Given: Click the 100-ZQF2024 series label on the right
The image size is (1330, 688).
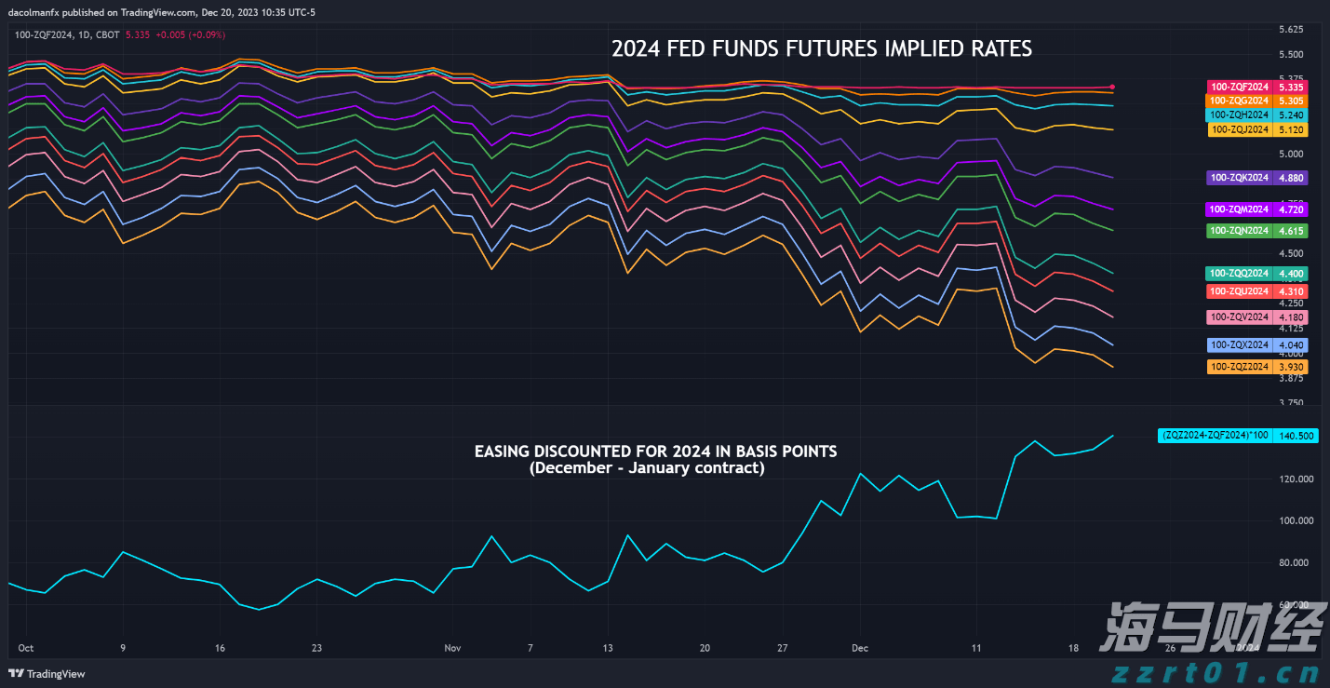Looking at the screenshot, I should pyautogui.click(x=1239, y=87).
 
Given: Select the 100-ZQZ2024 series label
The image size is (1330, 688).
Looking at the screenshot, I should pyautogui.click(x=1239, y=367).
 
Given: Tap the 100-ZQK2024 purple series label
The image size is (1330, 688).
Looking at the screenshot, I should pyautogui.click(x=1239, y=177).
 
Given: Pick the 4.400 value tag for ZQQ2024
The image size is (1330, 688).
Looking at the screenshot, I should pyautogui.click(x=1291, y=274).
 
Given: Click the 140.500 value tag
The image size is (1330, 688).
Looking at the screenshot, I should pyautogui.click(x=1296, y=435).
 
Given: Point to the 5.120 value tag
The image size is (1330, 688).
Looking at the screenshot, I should pyautogui.click(x=1291, y=130).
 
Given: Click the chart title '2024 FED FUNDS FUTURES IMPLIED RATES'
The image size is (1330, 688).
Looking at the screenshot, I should pyautogui.click(x=821, y=48).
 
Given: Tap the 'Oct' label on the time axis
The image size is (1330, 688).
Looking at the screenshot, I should pyautogui.click(x=26, y=648).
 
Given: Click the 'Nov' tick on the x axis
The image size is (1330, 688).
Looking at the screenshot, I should pyautogui.click(x=453, y=648).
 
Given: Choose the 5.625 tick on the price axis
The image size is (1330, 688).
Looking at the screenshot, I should pyautogui.click(x=1291, y=29).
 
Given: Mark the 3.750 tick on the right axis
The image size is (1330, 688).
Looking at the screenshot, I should pyautogui.click(x=1291, y=403).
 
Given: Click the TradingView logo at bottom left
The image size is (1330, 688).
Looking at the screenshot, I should pyautogui.click(x=47, y=674).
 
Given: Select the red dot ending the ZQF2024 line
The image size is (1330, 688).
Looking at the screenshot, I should pyautogui.click(x=1113, y=87).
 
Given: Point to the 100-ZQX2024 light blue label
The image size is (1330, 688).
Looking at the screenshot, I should pyautogui.click(x=1239, y=345).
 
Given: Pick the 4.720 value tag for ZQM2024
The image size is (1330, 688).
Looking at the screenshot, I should pyautogui.click(x=1291, y=209).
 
